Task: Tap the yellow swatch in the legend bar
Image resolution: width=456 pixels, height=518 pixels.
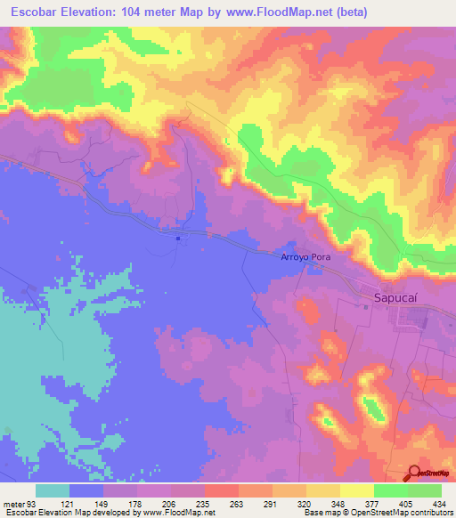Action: tap(356, 490)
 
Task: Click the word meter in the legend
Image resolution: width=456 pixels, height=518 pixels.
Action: tap(12, 504)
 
